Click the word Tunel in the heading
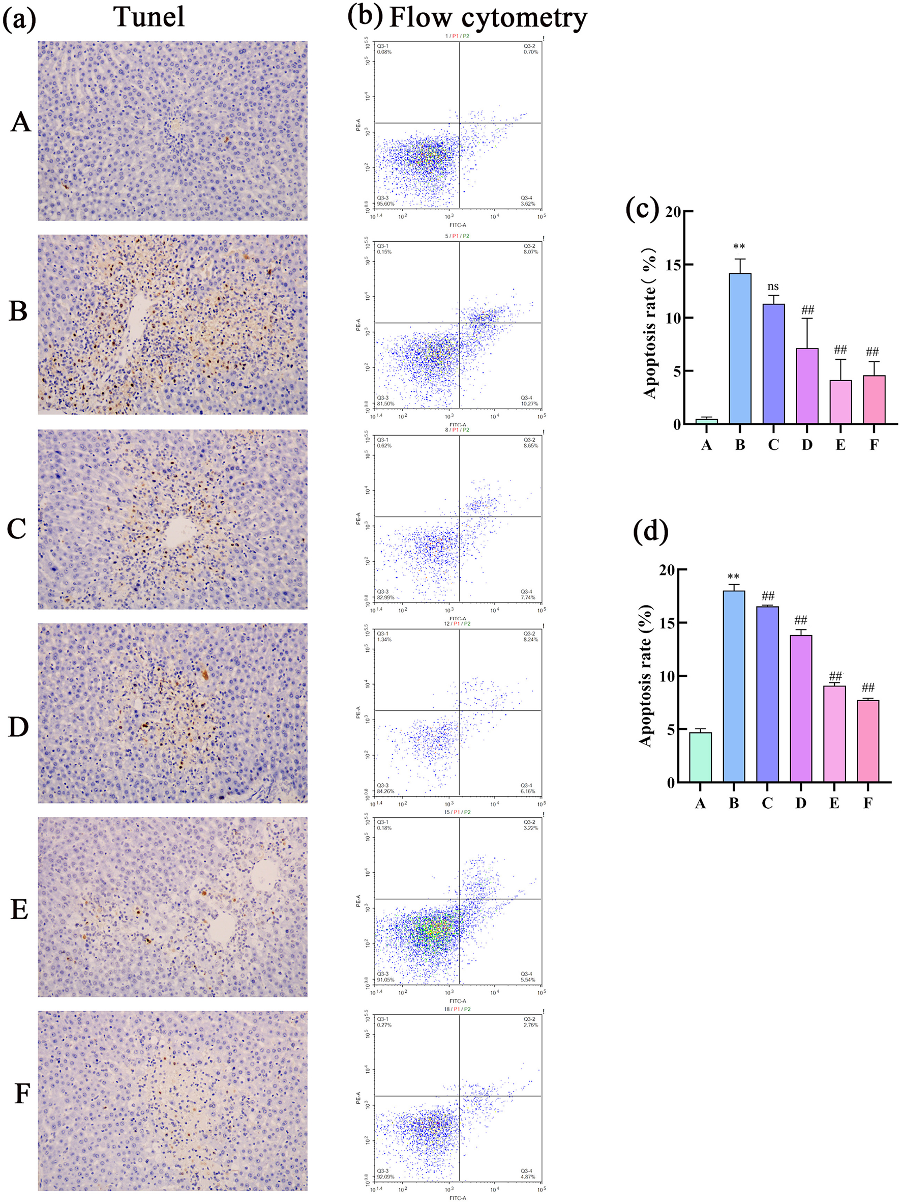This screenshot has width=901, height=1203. (149, 17)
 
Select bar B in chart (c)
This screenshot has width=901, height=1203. (740, 349)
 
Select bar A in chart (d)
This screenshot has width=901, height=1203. (700, 757)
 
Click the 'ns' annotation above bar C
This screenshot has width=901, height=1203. (773, 287)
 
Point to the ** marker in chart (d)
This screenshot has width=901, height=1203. (733, 577)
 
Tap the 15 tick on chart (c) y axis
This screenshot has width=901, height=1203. (672, 265)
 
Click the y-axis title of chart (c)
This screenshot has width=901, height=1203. (650, 323)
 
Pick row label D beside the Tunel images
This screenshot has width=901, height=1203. (18, 727)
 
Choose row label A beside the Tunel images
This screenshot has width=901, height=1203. (21, 122)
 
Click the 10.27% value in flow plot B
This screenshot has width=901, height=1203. (529, 404)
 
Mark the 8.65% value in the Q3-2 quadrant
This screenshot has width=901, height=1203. (530, 445)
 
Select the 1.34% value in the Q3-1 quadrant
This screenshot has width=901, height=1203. (384, 640)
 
